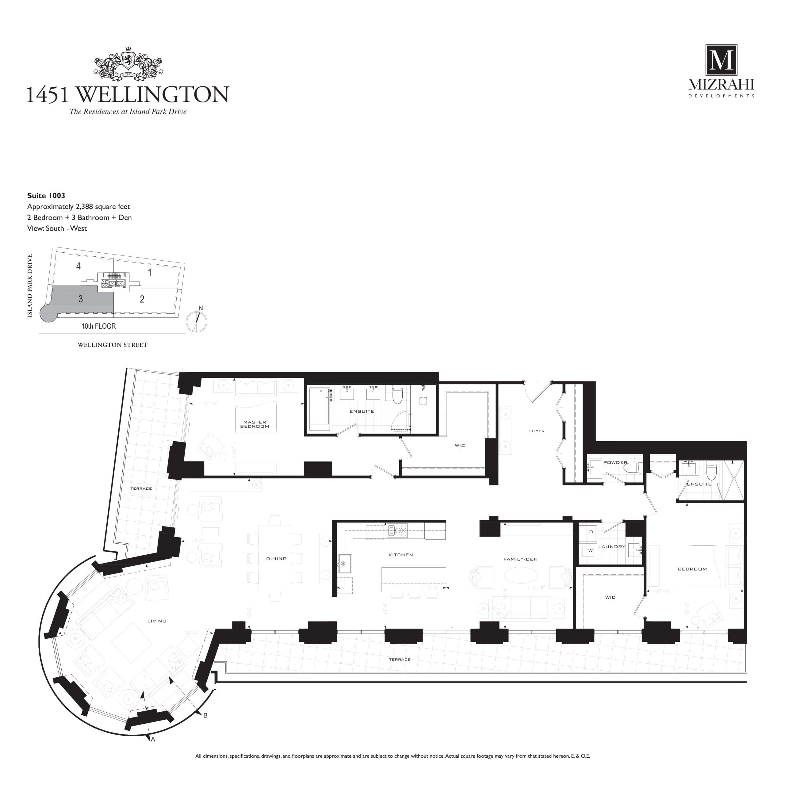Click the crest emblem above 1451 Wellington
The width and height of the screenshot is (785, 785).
(x=128, y=64)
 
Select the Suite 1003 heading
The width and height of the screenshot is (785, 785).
(x=46, y=195)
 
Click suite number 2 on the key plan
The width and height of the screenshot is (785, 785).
(x=142, y=299)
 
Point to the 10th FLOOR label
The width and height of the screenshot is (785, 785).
(x=98, y=326)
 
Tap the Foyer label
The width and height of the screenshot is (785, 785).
(x=537, y=431)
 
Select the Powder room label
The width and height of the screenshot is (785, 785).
(x=615, y=462)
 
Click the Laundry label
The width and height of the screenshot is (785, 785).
(x=611, y=546)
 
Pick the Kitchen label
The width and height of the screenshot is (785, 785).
(x=401, y=555)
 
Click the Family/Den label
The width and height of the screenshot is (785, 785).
(x=520, y=559)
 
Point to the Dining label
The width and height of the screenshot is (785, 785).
(x=276, y=559)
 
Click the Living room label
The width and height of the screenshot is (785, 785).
(x=157, y=621)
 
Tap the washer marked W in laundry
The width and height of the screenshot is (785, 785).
(x=590, y=550)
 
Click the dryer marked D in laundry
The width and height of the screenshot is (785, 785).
(x=591, y=532)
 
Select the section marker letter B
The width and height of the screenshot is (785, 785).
(x=205, y=726)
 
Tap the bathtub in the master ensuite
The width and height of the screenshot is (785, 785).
(x=320, y=409)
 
